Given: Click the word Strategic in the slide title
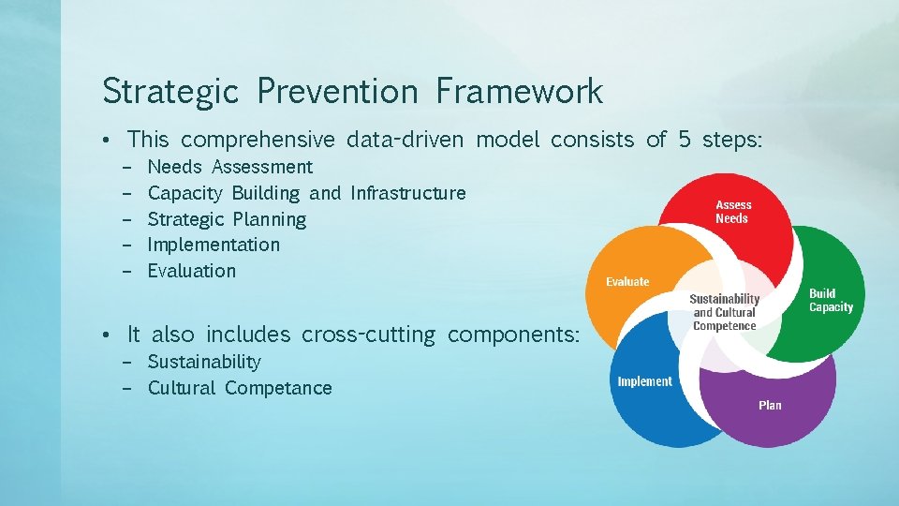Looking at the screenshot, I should (170, 92).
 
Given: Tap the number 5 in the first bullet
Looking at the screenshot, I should (685, 141).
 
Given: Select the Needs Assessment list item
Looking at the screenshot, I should (230, 167).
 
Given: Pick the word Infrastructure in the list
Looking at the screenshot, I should (407, 193).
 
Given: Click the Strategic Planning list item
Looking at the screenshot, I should (227, 219).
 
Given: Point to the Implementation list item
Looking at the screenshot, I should (214, 245).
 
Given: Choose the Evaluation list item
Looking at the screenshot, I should (192, 271).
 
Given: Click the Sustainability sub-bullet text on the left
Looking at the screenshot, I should (204, 362).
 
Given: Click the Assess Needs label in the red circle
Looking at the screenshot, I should (733, 212).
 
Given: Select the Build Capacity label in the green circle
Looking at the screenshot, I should (831, 300).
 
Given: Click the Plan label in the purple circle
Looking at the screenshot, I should (770, 405).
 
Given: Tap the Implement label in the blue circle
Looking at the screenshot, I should (644, 381).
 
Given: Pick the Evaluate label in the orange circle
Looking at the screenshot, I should (627, 282).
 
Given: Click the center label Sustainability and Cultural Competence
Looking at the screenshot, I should (724, 313).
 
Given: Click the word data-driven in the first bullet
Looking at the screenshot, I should (405, 141).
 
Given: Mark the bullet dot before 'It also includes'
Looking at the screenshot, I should (109, 335).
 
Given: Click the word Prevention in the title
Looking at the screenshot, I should (337, 92).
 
